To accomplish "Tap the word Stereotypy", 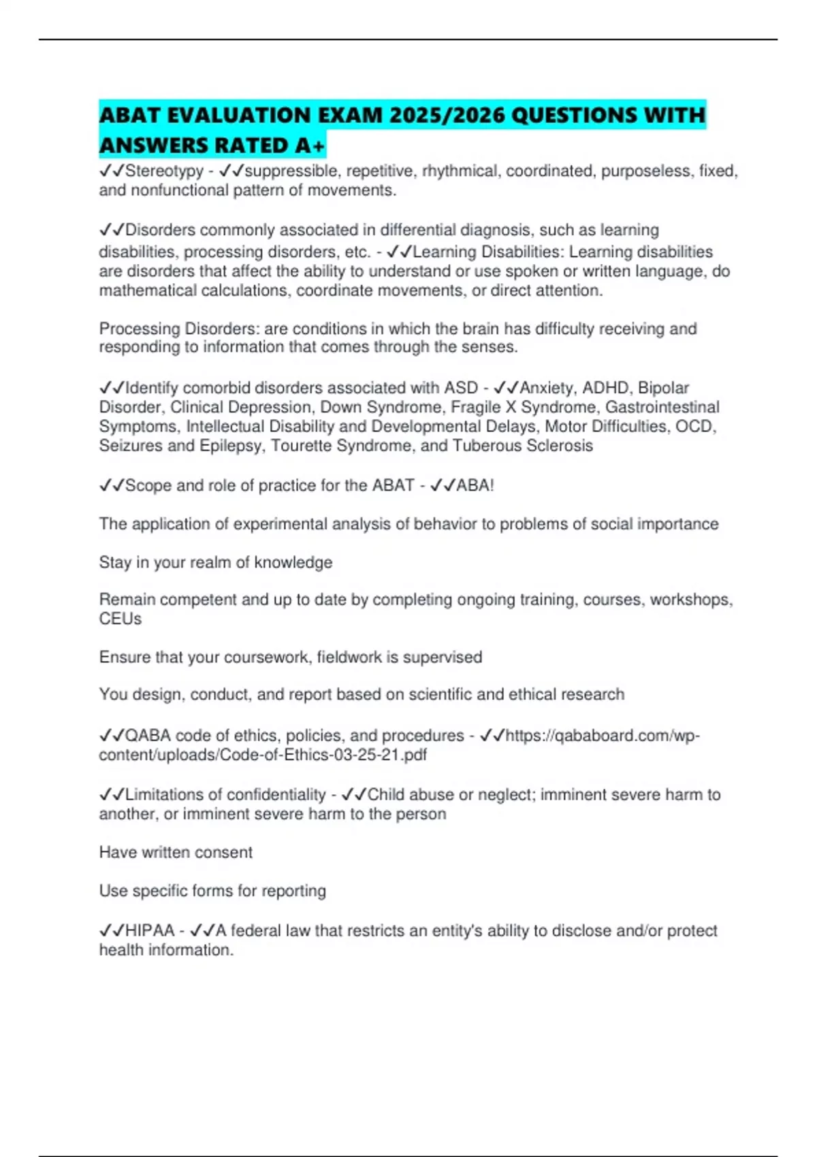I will pos(164,171).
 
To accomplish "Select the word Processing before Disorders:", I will pos(140,329).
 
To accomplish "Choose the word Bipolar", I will pos(663,388).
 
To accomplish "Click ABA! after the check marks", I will pos(475,486).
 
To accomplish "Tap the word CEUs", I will pos(121,619).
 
